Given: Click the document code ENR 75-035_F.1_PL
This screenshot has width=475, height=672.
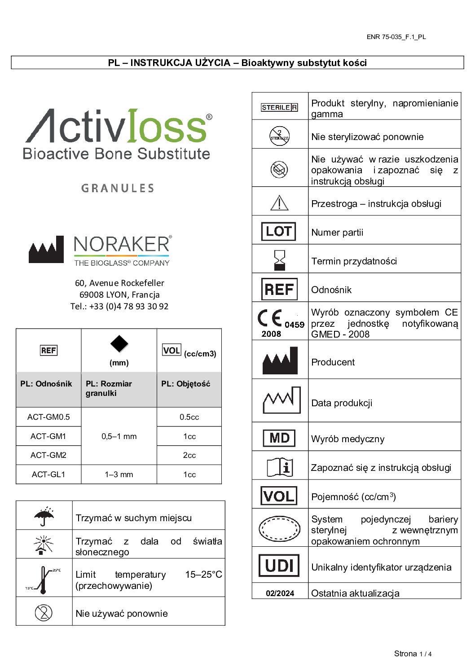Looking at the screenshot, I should coord(396,37).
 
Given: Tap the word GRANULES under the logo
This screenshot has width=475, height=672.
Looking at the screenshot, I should coord(118,188).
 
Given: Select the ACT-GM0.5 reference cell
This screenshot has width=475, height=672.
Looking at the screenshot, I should coord(48,417).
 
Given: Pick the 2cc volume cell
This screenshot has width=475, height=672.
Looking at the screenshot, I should coord(189,455).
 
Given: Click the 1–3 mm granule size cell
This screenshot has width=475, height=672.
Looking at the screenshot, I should coord(119,474).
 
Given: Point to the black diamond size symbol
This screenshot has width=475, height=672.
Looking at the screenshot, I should coord(119,344).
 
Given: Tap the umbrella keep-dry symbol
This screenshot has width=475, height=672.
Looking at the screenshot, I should coord(44,516).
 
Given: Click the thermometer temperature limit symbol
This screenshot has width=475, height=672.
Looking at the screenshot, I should coord(43,579).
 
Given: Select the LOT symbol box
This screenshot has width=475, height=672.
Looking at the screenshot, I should coord(279,232).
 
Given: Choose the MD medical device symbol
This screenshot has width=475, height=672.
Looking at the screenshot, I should coord(279,438).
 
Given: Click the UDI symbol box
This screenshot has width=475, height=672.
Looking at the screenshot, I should coord(279,566).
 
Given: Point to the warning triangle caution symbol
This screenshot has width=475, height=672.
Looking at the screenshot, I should coord(279,203).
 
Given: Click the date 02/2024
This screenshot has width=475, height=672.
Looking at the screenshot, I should coord(280,593).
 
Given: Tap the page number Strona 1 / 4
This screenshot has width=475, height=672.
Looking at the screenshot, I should coord(413,654).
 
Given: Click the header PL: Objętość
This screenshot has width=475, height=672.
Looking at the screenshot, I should coord(186,384).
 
